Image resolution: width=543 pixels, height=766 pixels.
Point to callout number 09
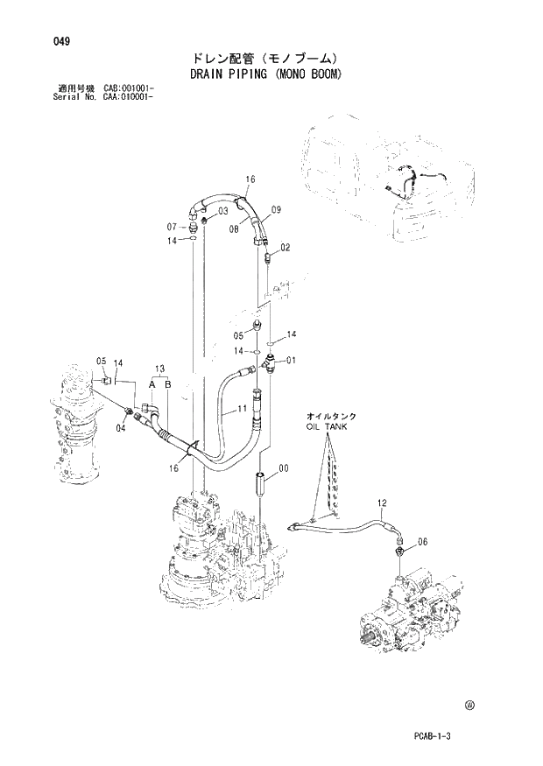click(275, 209)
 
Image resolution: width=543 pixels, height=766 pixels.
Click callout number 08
click(235, 228)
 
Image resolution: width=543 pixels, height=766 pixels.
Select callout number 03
click(222, 211)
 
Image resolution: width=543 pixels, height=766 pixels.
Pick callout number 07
click(173, 227)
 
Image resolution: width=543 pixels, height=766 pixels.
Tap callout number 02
click(286, 249)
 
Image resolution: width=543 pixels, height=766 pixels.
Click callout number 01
click(291, 360)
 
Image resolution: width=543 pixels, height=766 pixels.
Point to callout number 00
click(283, 468)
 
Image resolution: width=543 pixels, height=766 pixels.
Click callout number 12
click(382, 502)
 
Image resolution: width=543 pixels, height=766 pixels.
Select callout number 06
click(423, 542)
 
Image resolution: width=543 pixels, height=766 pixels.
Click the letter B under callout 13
click(167, 384)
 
